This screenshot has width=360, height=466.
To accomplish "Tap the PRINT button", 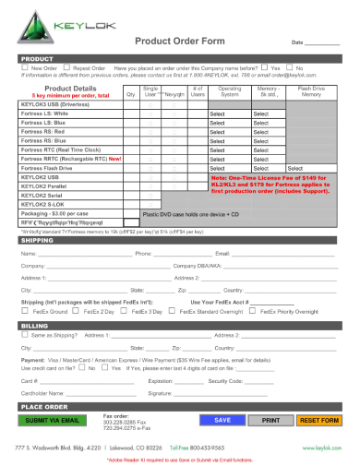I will click(270, 420).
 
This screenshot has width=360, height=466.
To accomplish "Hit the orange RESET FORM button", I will click(318, 420).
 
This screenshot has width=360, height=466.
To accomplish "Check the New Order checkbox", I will click(26, 68).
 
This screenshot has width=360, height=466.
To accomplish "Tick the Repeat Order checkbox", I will click(67, 68).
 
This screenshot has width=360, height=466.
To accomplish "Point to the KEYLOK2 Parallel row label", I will click(46, 185).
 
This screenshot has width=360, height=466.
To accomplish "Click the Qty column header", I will click(130, 95).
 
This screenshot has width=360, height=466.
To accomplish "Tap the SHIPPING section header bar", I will click(180, 240).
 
